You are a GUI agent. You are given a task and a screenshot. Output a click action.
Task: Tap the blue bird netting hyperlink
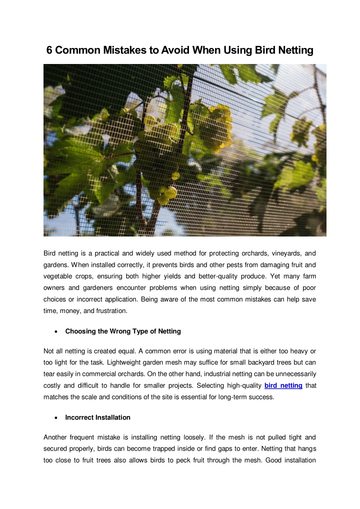coord(283,385)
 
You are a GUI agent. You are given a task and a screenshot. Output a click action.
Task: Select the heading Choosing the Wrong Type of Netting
coord(123,331)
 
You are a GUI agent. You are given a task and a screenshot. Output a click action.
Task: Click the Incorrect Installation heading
coord(97,417)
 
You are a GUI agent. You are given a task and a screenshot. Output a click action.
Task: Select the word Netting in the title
coord(293,50)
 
